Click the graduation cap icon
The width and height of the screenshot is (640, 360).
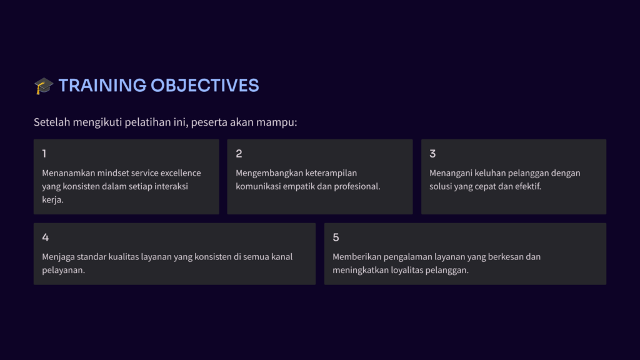pyautogui.click(x=44, y=86)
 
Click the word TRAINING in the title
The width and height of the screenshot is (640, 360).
pyautogui.click(x=102, y=86)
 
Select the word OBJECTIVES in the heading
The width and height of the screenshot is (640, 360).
pyautogui.click(x=204, y=86)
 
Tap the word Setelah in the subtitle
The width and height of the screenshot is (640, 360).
pyautogui.click(x=52, y=122)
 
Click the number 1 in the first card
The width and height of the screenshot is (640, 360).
pyautogui.click(x=44, y=154)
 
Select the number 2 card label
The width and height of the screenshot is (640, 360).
pyautogui.click(x=239, y=154)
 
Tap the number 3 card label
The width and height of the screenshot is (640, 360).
pyautogui.click(x=432, y=154)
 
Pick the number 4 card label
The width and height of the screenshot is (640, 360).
pyautogui.click(x=45, y=237)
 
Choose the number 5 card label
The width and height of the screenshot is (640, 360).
pyautogui.click(x=336, y=237)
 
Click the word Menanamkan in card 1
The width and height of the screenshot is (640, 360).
pyautogui.click(x=68, y=173)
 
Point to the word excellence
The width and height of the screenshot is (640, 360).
pyautogui.click(x=181, y=173)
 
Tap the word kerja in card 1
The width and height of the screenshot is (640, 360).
pyautogui.click(x=52, y=200)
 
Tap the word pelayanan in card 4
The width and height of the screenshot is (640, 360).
pyautogui.click(x=62, y=270)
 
